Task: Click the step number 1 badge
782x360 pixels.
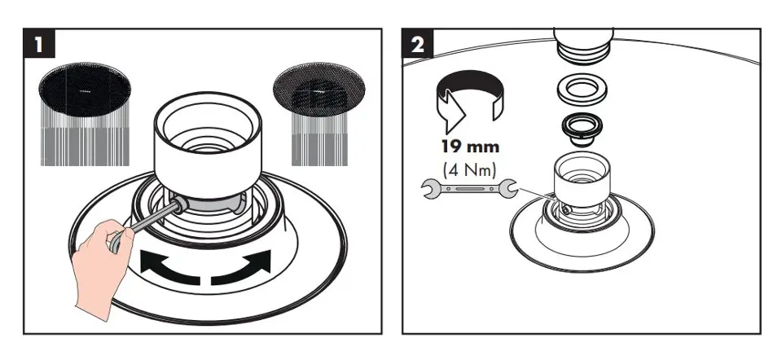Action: pyautogui.click(x=39, y=43)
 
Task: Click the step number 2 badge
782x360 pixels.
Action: pyautogui.click(x=417, y=43)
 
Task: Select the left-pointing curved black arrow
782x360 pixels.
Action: pyautogui.click(x=169, y=268)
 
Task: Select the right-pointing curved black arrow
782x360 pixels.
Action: pyautogui.click(x=241, y=268)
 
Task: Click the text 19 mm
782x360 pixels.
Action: pyautogui.click(x=470, y=147)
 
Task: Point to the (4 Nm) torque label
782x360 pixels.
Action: pyautogui.click(x=470, y=169)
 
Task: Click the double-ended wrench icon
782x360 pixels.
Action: pyautogui.click(x=469, y=189)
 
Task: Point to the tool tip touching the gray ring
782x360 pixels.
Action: pyautogui.click(x=179, y=205)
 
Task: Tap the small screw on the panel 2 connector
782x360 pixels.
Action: pyautogui.click(x=565, y=212)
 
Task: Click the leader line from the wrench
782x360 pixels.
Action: pyautogui.click(x=537, y=195)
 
